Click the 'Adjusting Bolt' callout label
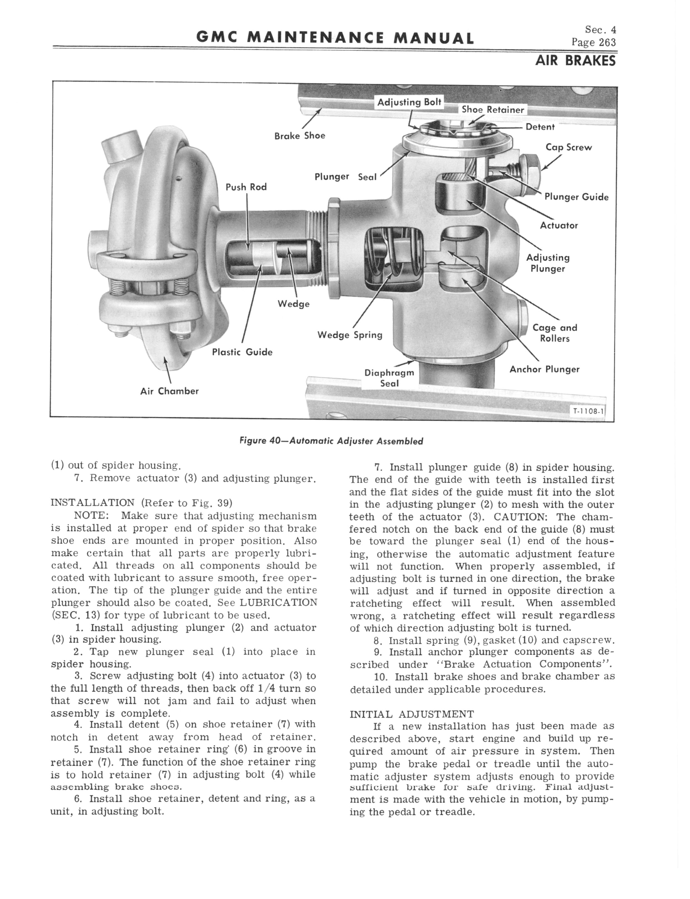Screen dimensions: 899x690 [409, 102]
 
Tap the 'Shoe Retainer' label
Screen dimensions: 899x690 [493, 110]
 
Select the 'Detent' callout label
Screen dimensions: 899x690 [540, 127]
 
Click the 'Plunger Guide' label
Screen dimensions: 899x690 [576, 197]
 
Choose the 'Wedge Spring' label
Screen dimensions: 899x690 [350, 335]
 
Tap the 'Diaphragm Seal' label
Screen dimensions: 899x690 [389, 378]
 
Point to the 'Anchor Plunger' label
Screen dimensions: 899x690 [544, 369]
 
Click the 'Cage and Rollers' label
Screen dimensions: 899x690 [555, 333]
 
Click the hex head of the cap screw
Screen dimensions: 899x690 [530, 169]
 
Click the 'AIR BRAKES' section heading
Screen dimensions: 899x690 [575, 61]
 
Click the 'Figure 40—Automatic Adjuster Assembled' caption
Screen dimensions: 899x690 [331, 441]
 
